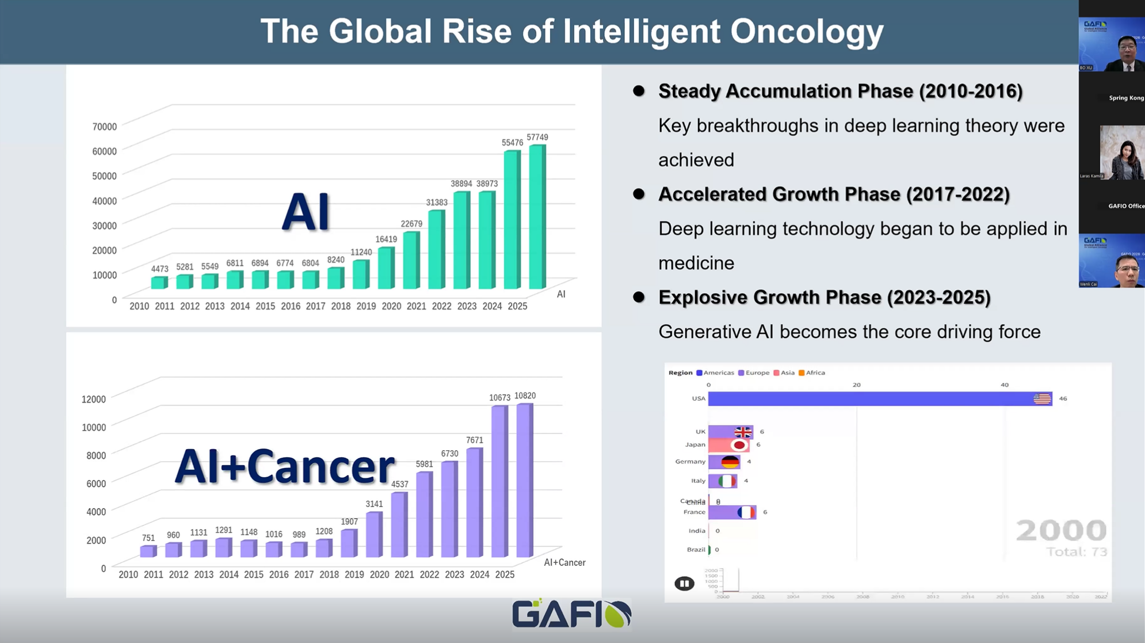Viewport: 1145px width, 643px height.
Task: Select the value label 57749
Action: pos(537,138)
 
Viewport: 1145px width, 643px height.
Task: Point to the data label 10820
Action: pos(525,396)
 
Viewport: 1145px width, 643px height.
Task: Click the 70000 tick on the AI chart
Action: pos(104,127)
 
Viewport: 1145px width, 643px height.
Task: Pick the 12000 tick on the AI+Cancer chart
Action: pos(94,399)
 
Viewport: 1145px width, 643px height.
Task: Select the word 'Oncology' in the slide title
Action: pos(807,31)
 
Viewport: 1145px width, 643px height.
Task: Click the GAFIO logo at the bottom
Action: pos(571,614)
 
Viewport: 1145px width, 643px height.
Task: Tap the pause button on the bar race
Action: pos(684,583)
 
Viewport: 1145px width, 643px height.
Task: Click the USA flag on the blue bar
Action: pos(1042,398)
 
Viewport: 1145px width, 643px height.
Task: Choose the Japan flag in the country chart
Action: pos(739,445)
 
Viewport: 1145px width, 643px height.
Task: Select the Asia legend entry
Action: pos(784,373)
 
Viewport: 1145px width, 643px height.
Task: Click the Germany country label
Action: pos(690,462)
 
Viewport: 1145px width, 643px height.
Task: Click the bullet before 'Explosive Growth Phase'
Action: pos(639,297)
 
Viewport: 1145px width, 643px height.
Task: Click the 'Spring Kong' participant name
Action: pos(1126,98)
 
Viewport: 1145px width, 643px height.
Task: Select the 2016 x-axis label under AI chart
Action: pos(291,306)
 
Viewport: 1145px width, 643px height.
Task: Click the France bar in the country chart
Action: pos(732,512)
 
